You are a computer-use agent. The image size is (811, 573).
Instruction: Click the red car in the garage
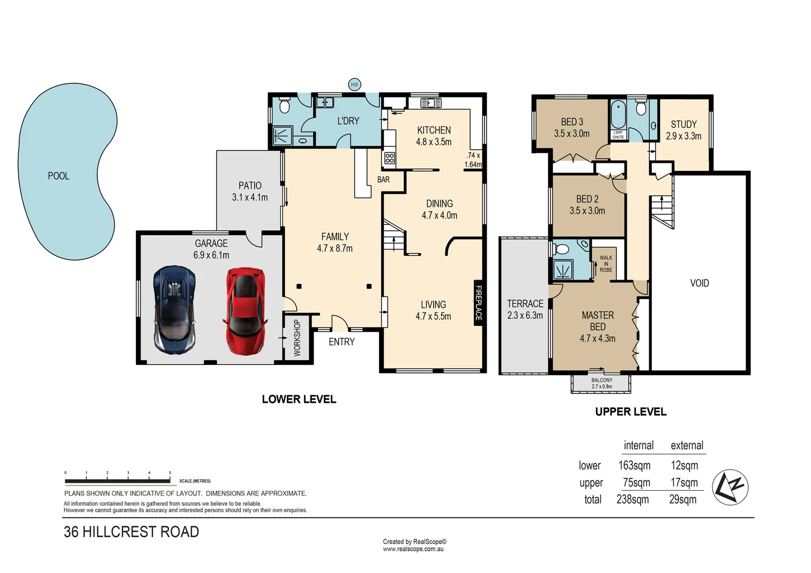[x=245, y=311]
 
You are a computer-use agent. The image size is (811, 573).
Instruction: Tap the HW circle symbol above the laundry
[x=355, y=84]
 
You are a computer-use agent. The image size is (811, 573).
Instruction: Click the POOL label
[x=58, y=176]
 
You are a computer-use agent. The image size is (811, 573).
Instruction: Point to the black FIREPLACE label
[x=478, y=303]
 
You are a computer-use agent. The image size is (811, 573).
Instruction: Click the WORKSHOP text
[x=297, y=337]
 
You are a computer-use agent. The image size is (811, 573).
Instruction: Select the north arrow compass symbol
[x=730, y=487]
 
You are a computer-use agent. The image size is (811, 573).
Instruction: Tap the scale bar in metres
[x=118, y=481]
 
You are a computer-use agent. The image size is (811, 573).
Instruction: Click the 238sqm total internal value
[x=633, y=499]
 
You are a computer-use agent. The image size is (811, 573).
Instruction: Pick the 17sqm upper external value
[x=684, y=482]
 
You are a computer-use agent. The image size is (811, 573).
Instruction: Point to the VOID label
[x=700, y=283]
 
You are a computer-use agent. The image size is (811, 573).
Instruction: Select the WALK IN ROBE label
[x=606, y=264]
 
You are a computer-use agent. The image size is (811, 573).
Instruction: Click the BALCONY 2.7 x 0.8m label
[x=602, y=383]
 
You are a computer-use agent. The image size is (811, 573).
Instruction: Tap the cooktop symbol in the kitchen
[x=390, y=158]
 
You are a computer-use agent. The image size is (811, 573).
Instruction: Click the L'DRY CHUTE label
[x=618, y=135]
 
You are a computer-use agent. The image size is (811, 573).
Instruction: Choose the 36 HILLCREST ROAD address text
[x=131, y=532]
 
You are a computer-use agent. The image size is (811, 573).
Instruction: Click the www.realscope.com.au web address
[x=413, y=549]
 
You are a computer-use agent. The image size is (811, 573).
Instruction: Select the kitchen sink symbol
[x=431, y=102]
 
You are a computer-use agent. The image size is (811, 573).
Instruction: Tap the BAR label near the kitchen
[x=383, y=180]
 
